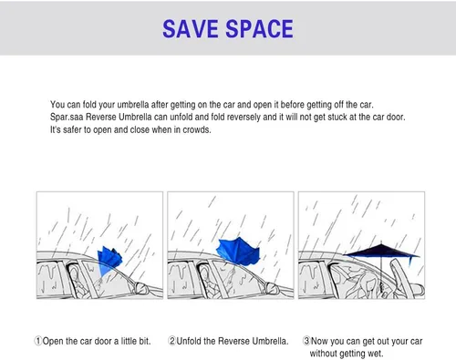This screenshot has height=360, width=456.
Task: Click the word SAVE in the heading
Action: [x=191, y=28]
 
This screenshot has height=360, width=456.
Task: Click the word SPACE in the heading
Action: [x=259, y=28]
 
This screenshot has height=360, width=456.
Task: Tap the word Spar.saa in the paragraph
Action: [x=67, y=118]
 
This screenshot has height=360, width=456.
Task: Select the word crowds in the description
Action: [x=196, y=129]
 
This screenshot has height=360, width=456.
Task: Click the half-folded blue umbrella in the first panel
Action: [x=110, y=259]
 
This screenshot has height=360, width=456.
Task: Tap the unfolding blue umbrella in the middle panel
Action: [x=239, y=251]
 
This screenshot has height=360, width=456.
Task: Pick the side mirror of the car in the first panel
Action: [x=141, y=288]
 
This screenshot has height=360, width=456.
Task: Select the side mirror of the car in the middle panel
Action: [x=272, y=288]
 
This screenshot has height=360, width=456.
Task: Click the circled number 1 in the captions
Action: [x=38, y=341]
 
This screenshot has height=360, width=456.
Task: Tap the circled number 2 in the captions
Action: [x=172, y=341]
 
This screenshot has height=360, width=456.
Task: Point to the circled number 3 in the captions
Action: [x=306, y=341]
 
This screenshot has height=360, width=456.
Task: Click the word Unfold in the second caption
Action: [x=189, y=341]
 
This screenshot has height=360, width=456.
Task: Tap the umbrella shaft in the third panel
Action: [x=381, y=273]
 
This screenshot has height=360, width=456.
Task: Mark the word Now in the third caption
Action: [x=319, y=341]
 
